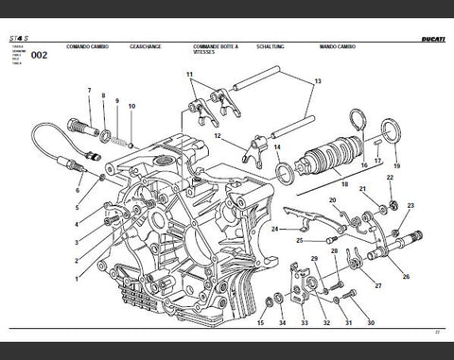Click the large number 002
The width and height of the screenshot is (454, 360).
40,56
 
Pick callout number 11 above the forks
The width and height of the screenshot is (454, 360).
189,75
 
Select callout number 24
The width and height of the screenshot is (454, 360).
274,229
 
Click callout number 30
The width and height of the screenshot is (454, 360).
370,323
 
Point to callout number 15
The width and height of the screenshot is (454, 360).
260,323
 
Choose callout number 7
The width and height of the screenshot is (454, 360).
90,92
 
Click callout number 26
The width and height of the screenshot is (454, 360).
406,277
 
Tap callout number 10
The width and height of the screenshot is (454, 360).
131,106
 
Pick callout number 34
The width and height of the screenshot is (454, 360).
282,323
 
